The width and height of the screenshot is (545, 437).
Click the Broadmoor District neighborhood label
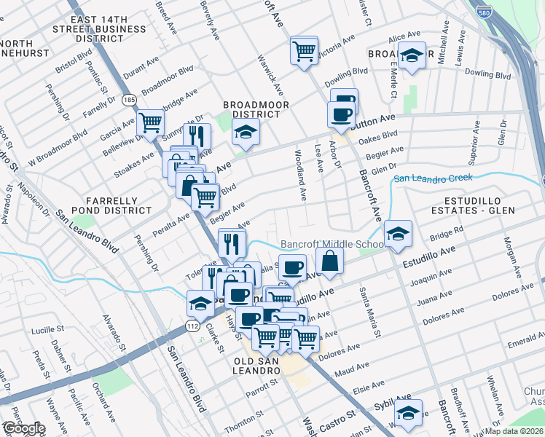tap(256, 110)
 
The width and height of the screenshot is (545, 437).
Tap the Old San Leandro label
tap(257, 366)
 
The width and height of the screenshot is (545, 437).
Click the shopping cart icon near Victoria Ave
tap(304, 50)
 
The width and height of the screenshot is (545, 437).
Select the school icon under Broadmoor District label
tap(246, 133)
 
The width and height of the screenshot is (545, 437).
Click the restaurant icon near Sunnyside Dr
tap(196, 136)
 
